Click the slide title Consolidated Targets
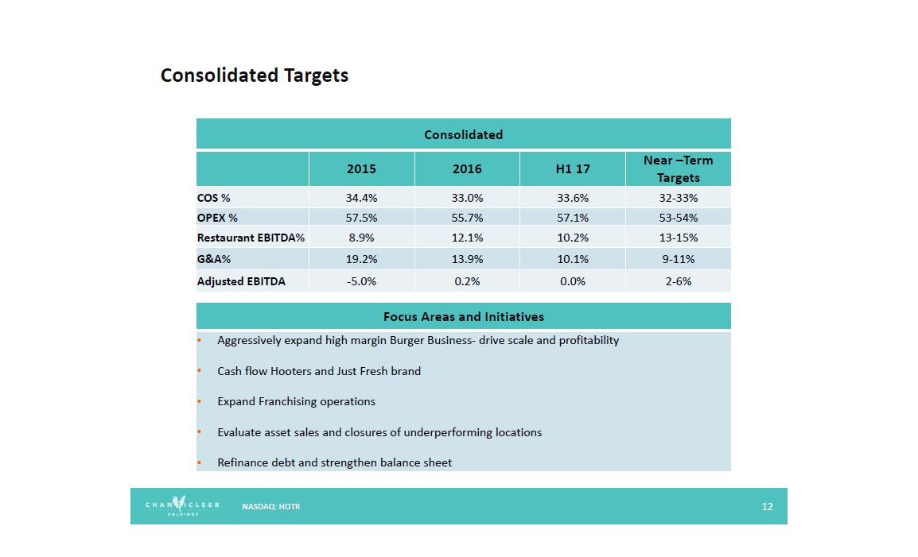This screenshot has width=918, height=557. click(255, 75)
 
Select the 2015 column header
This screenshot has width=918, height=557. click(361, 168)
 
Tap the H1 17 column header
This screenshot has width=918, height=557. click(572, 168)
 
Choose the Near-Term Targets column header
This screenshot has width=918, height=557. click(678, 168)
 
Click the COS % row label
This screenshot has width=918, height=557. click(214, 198)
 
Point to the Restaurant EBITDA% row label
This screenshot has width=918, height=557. click(251, 238)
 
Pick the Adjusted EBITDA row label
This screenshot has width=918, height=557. click(241, 281)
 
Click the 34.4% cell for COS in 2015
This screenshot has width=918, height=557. click(361, 198)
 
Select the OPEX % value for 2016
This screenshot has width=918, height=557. click(467, 218)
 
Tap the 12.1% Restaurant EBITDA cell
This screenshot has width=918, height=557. click(467, 238)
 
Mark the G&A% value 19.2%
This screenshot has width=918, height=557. click(361, 259)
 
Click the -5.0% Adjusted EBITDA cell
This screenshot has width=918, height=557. click(361, 281)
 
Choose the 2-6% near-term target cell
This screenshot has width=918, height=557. click(678, 281)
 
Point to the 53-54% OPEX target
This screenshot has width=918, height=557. click(678, 218)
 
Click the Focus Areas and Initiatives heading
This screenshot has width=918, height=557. click(463, 316)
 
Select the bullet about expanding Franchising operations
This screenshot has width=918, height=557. click(296, 401)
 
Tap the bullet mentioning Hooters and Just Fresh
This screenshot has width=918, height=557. click(319, 371)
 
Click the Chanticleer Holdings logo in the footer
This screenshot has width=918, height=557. click(181, 506)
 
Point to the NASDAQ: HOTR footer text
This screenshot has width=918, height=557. click(271, 506)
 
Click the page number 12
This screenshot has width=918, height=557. click(767, 506)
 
